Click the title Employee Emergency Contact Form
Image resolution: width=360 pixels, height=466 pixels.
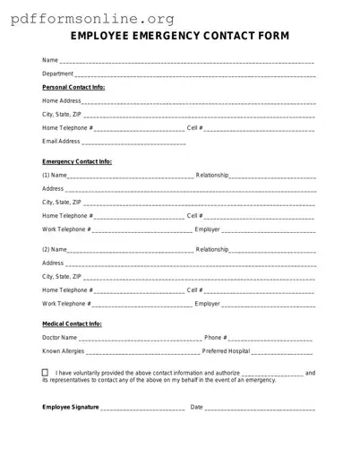[179, 36]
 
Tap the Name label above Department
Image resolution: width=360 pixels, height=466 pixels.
[49, 60]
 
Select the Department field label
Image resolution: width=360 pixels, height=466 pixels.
[58, 73]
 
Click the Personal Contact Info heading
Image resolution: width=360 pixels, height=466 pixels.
[73, 87]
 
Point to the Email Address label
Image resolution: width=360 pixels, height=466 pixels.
[61, 142]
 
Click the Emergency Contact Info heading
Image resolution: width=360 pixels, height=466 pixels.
[77, 161]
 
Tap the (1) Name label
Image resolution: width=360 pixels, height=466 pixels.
[55, 175]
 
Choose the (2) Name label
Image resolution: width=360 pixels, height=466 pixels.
[55, 249]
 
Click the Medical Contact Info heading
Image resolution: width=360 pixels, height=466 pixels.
[72, 324]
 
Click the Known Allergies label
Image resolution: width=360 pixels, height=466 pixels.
[64, 351]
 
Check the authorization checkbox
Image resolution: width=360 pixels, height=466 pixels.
[46, 372]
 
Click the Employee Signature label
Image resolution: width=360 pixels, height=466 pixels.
[71, 407]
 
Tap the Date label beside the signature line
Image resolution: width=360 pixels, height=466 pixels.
[197, 407]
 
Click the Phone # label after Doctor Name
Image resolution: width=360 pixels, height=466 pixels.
[215, 338]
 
